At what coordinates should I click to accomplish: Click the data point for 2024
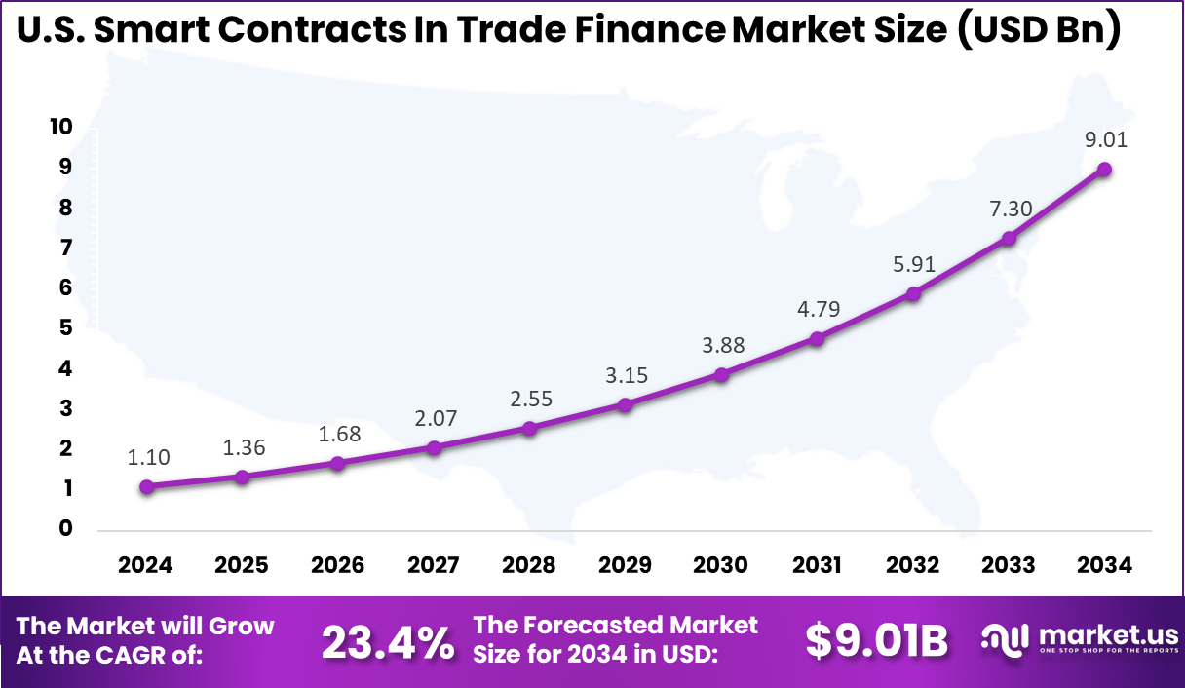[146, 487]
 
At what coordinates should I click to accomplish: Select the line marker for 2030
[721, 374]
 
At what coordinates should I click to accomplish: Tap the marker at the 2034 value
[1104, 169]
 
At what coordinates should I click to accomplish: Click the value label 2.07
[434, 420]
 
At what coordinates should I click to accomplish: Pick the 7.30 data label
[1009, 208]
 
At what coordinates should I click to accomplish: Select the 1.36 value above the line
[243, 448]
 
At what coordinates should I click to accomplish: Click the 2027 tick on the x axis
[434, 565]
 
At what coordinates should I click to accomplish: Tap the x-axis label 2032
[913, 565]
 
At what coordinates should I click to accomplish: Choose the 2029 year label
[625, 565]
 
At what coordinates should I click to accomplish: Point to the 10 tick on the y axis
[59, 127]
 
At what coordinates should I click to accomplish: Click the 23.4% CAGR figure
[387, 641]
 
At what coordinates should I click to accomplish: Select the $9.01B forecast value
[876, 640]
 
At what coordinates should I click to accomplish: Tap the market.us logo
[1077, 639]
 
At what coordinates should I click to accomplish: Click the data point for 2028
[529, 428]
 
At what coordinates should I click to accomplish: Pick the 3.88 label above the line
[721, 346]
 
